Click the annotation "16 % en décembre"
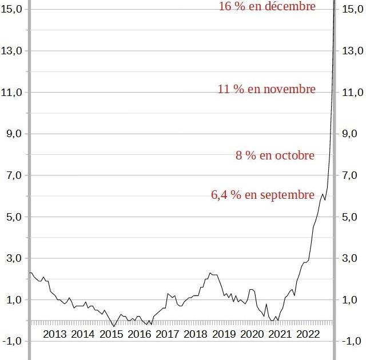coord(267,6)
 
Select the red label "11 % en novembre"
coord(266,89)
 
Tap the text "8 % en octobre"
coord(275,155)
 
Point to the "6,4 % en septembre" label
coord(263,195)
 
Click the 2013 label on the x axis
coord(54,334)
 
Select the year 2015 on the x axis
coord(111,334)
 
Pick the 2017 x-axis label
coord(167,334)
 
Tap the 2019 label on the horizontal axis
coord(224,334)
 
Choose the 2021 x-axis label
coord(280,334)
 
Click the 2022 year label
coord(308,334)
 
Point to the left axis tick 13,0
coord(11,51)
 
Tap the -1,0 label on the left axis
coord(11,342)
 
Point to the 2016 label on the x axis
coord(139,334)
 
